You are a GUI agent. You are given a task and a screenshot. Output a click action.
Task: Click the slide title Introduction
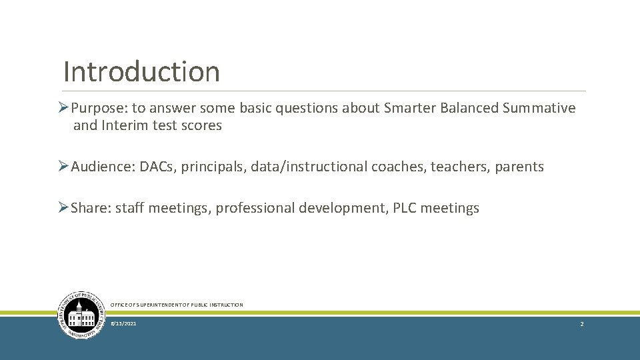click(x=141, y=71)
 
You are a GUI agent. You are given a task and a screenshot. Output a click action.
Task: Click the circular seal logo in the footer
click(x=81, y=315)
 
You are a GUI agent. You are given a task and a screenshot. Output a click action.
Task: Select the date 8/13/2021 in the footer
click(x=123, y=323)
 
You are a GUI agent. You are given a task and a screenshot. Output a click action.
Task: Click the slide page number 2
click(x=581, y=323)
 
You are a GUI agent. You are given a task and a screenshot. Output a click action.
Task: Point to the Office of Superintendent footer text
click(x=177, y=305)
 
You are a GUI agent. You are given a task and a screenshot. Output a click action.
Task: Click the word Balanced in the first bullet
click(x=469, y=109)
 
